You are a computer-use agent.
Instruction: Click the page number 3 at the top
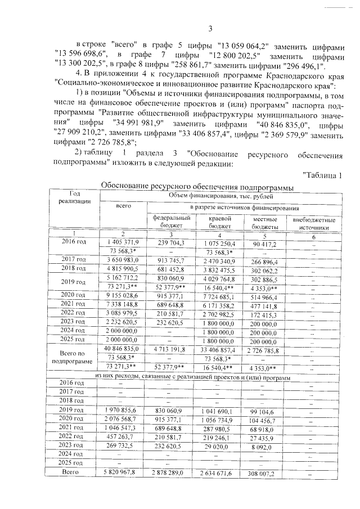point(209,29)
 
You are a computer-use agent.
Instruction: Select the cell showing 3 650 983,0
point(123,260)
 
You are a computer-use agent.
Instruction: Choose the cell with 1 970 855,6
point(123,412)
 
